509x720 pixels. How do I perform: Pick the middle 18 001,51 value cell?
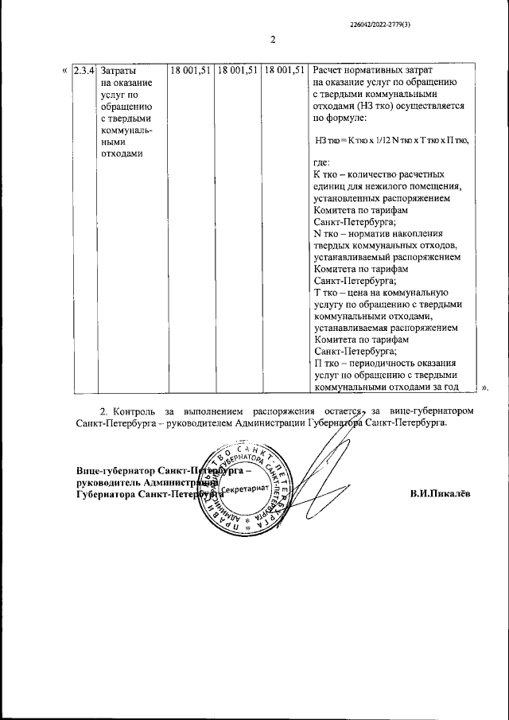[x=239, y=71]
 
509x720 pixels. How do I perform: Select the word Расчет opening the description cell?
[x=332, y=71]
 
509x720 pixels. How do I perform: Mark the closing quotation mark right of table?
[x=484, y=387]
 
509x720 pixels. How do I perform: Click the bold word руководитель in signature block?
[x=108, y=482]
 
